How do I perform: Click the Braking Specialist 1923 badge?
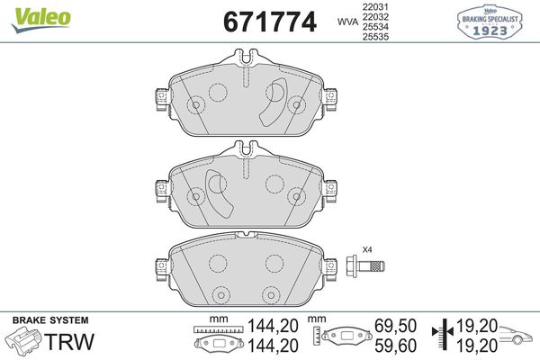[x=492, y=22]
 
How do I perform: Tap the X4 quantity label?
[x=366, y=249]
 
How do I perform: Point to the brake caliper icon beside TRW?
[x=24, y=342]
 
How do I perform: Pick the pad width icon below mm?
[x=218, y=340]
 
